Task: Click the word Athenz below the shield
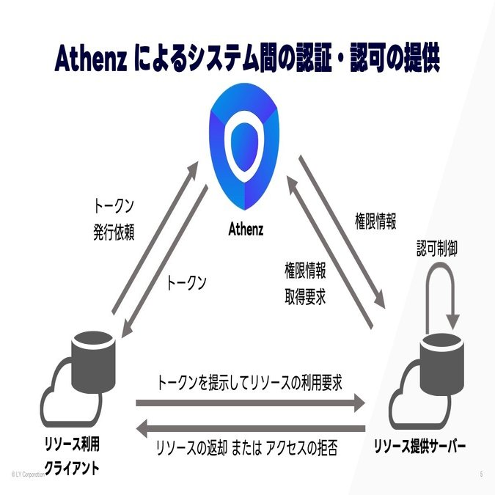(246, 230)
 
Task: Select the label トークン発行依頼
(114, 217)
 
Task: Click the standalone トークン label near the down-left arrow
(186, 282)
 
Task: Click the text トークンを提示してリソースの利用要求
(249, 382)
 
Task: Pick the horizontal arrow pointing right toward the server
(250, 403)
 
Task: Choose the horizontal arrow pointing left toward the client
(250, 427)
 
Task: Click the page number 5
(481, 474)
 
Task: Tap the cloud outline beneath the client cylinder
(62, 403)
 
